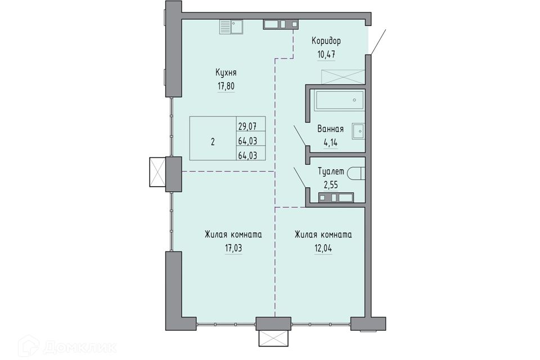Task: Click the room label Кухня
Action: tap(226, 73)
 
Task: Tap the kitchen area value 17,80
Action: tap(226, 85)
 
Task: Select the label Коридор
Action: tap(326, 41)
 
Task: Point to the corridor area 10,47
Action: tap(326, 55)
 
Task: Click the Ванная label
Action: tap(330, 129)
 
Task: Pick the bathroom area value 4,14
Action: tap(330, 142)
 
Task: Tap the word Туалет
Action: tap(331, 172)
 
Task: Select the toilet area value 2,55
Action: tap(331, 184)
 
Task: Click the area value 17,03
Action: tap(233, 247)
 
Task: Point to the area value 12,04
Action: tap(323, 247)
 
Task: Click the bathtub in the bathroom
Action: tap(339, 101)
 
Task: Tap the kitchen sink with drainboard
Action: tap(231, 26)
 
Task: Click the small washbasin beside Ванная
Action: tap(358, 131)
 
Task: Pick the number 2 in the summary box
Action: tap(213, 142)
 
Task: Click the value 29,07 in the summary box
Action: tap(247, 126)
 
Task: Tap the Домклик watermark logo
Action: tap(67, 346)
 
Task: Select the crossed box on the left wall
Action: tap(157, 172)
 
